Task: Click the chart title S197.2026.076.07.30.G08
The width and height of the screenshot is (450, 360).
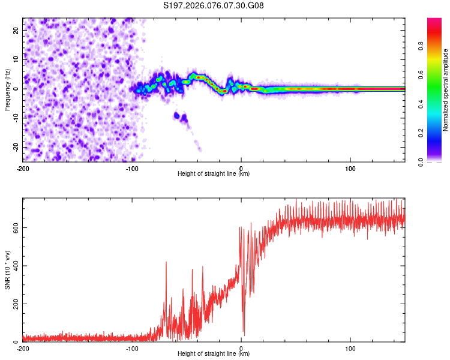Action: click(x=214, y=6)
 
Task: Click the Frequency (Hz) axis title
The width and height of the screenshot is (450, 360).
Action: click(x=7, y=89)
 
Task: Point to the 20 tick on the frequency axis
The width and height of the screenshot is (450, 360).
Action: click(x=17, y=30)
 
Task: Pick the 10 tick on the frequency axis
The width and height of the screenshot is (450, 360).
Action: click(x=17, y=59)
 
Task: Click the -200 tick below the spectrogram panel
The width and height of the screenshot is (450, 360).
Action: click(x=23, y=168)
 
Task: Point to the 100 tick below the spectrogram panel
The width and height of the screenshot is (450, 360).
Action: click(x=350, y=168)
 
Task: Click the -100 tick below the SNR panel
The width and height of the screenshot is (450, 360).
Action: click(x=132, y=348)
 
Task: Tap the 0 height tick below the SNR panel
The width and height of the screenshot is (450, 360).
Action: click(x=241, y=348)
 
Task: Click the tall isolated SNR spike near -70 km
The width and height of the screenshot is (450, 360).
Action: click(x=166, y=263)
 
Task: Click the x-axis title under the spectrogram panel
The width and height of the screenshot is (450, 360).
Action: click(x=214, y=174)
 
